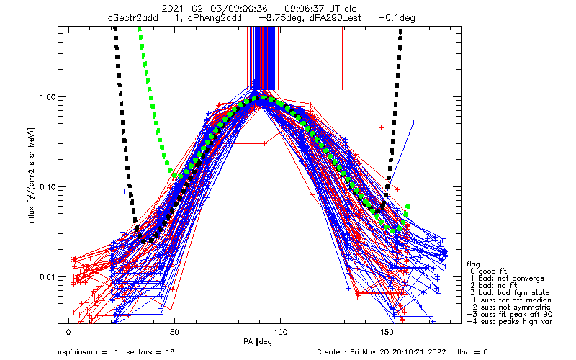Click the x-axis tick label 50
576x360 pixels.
pos(174,333)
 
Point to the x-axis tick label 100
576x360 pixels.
pos(280,333)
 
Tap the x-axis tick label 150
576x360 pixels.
pos(387,333)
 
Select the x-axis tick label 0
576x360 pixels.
pos(68,333)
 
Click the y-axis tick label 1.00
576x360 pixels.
pos(48,97)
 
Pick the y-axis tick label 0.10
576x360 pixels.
pos(48,187)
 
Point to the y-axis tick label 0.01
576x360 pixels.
pos(48,276)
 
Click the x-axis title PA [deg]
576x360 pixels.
pos(259,342)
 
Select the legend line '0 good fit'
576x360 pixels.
pos(489,271)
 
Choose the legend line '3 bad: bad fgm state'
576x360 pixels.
pos(510,293)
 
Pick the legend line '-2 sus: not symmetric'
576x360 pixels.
pos(509,307)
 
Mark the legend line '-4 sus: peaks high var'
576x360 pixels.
pos(510,321)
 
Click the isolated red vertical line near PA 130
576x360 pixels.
pos(343,58)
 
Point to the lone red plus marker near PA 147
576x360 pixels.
pos(381,128)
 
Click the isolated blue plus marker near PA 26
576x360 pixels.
pos(124,192)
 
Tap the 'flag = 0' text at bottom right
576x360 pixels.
pos(472,352)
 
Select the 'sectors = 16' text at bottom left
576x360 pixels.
pos(150,352)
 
